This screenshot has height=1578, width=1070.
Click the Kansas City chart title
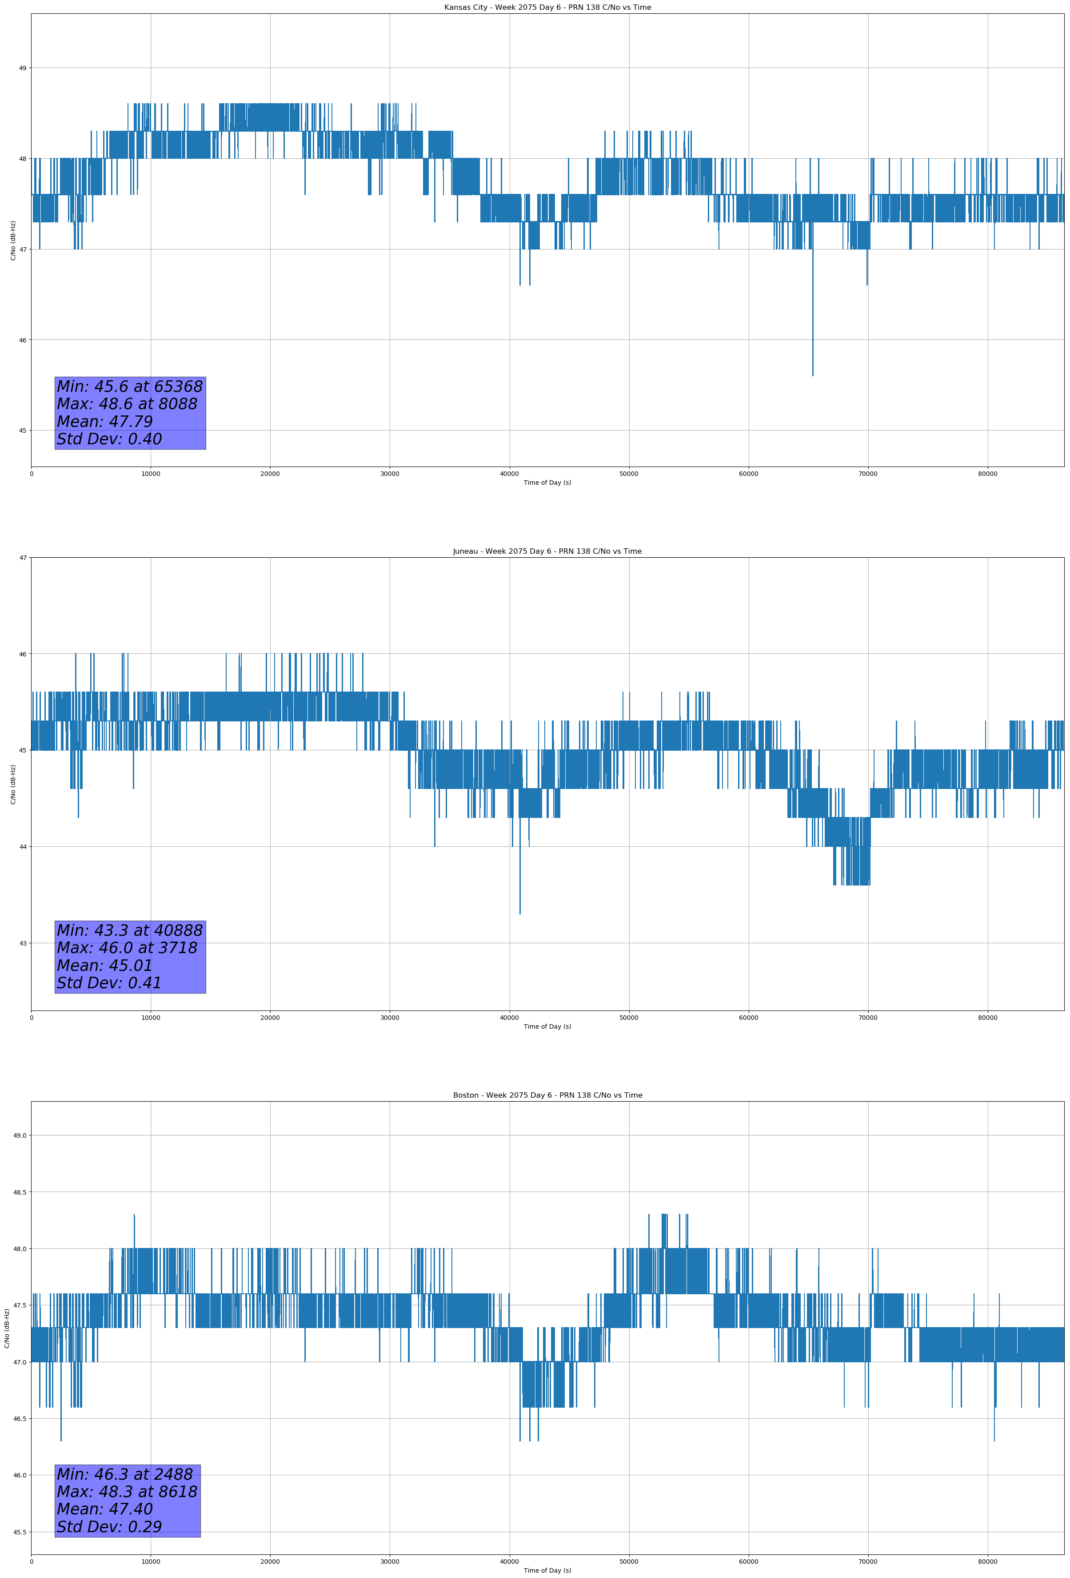tap(547, 8)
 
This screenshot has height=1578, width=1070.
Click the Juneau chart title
tap(547, 551)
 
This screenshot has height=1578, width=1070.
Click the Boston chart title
tap(547, 1095)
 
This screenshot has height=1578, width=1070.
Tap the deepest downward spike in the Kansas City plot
tap(812, 374)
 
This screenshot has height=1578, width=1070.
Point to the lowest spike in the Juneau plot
tap(520, 913)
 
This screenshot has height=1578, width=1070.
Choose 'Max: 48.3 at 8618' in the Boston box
tap(127, 1492)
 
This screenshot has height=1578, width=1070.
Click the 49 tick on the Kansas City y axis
tap(22, 68)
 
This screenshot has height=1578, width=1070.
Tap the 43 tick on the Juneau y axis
tap(22, 943)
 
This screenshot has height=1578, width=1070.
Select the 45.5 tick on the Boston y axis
tap(20, 1532)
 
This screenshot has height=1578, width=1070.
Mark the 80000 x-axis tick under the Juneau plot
tap(987, 1018)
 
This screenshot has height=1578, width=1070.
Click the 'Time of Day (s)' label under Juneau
tap(547, 1027)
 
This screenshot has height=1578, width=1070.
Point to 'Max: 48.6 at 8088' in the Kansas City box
tap(127, 404)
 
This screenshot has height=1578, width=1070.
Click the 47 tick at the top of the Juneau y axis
tap(22, 558)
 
